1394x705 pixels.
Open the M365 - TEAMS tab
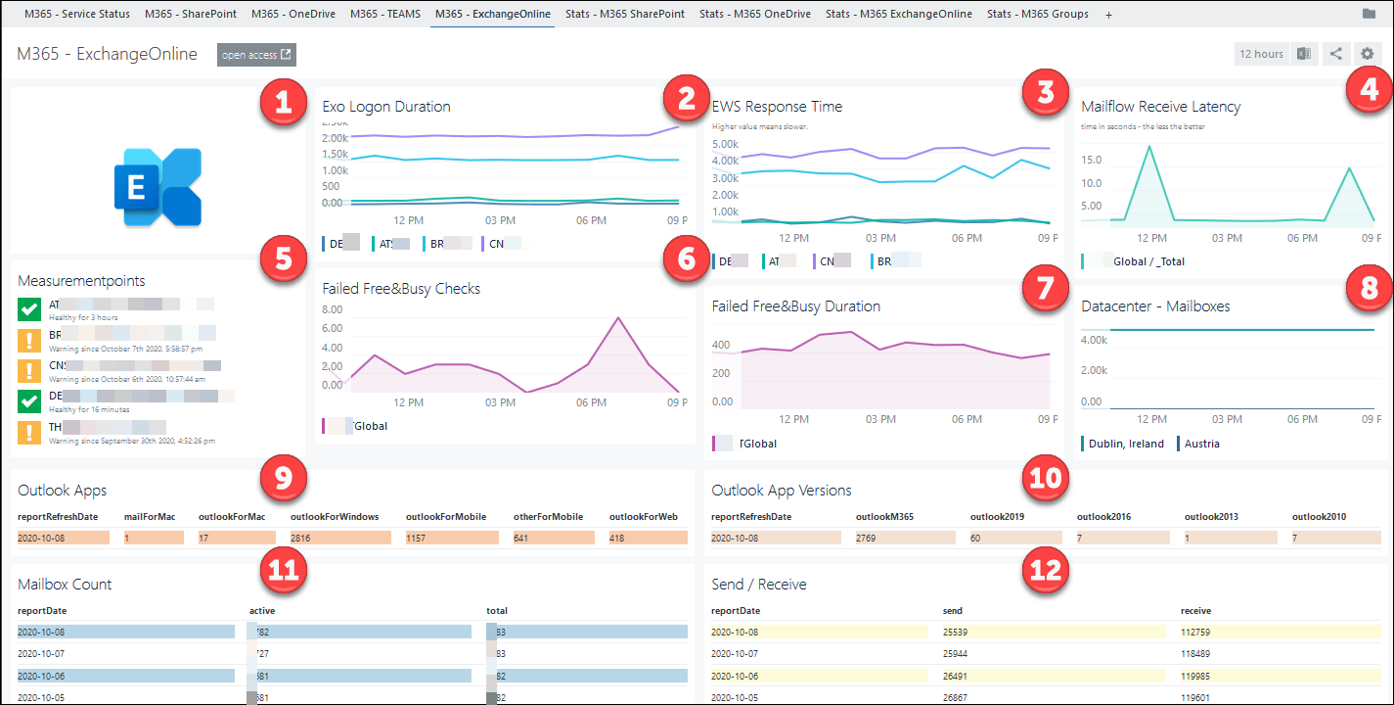click(x=385, y=14)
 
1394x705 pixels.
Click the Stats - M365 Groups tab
click(x=1037, y=14)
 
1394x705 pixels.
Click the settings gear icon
click(x=1367, y=54)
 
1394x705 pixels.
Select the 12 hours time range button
click(x=1261, y=54)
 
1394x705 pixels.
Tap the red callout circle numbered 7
click(x=1044, y=288)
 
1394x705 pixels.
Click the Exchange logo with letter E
click(x=157, y=186)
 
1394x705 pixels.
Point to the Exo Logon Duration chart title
click(x=386, y=107)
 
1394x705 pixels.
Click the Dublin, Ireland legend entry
click(x=1125, y=444)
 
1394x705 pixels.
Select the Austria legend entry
click(x=1201, y=444)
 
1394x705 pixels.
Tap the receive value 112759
click(x=1200, y=632)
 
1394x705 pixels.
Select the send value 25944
click(x=956, y=652)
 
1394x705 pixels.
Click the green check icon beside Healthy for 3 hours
click(x=29, y=310)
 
